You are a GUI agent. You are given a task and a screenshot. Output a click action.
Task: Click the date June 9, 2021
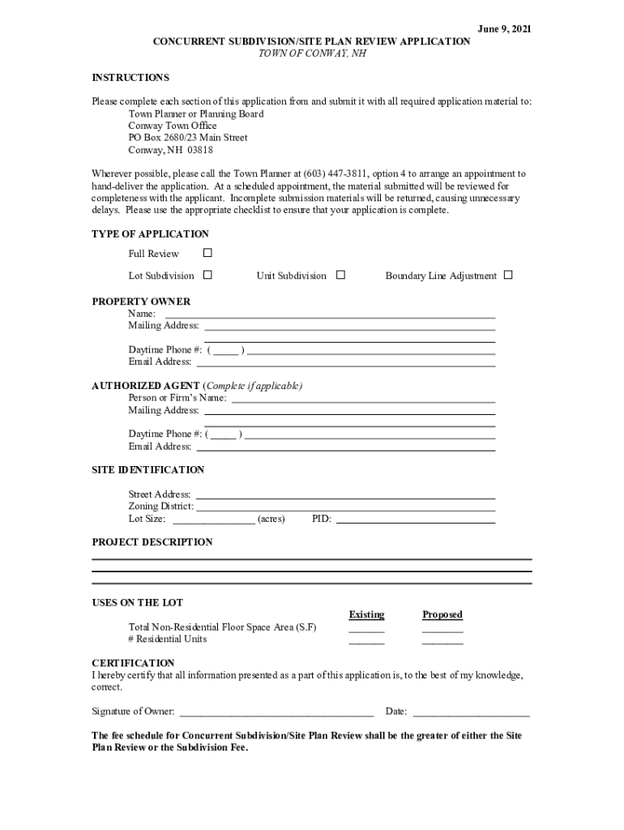[505, 29]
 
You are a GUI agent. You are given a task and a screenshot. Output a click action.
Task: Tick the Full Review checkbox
[207, 254]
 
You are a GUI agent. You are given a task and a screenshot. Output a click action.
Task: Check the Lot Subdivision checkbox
[207, 276]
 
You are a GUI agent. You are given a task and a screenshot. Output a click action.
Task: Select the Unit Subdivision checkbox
[340, 276]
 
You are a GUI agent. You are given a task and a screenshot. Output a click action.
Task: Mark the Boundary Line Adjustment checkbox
[508, 276]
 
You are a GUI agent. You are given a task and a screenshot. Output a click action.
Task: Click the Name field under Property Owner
[330, 315]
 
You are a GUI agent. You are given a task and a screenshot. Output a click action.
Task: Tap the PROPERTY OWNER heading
[141, 302]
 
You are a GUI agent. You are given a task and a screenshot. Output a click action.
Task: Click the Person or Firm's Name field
[363, 400]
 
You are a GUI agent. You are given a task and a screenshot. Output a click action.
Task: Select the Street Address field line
[345, 496]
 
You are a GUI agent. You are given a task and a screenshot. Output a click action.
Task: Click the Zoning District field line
[345, 508]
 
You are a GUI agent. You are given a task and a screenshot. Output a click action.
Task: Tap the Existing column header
[366, 615]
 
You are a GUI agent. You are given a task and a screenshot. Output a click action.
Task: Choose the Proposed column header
[442, 615]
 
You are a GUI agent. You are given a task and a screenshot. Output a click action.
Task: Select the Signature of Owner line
[276, 714]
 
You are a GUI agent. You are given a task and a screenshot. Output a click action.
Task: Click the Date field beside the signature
[471, 714]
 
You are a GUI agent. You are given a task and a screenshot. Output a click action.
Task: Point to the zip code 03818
[200, 150]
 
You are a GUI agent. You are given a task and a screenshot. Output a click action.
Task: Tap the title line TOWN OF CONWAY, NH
[312, 53]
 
